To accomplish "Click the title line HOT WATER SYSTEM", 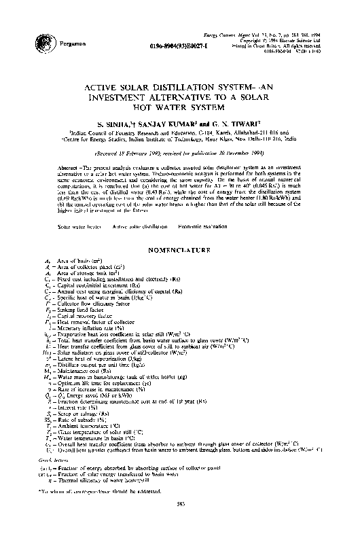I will point(180,107).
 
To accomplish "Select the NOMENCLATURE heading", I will point(179,232).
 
